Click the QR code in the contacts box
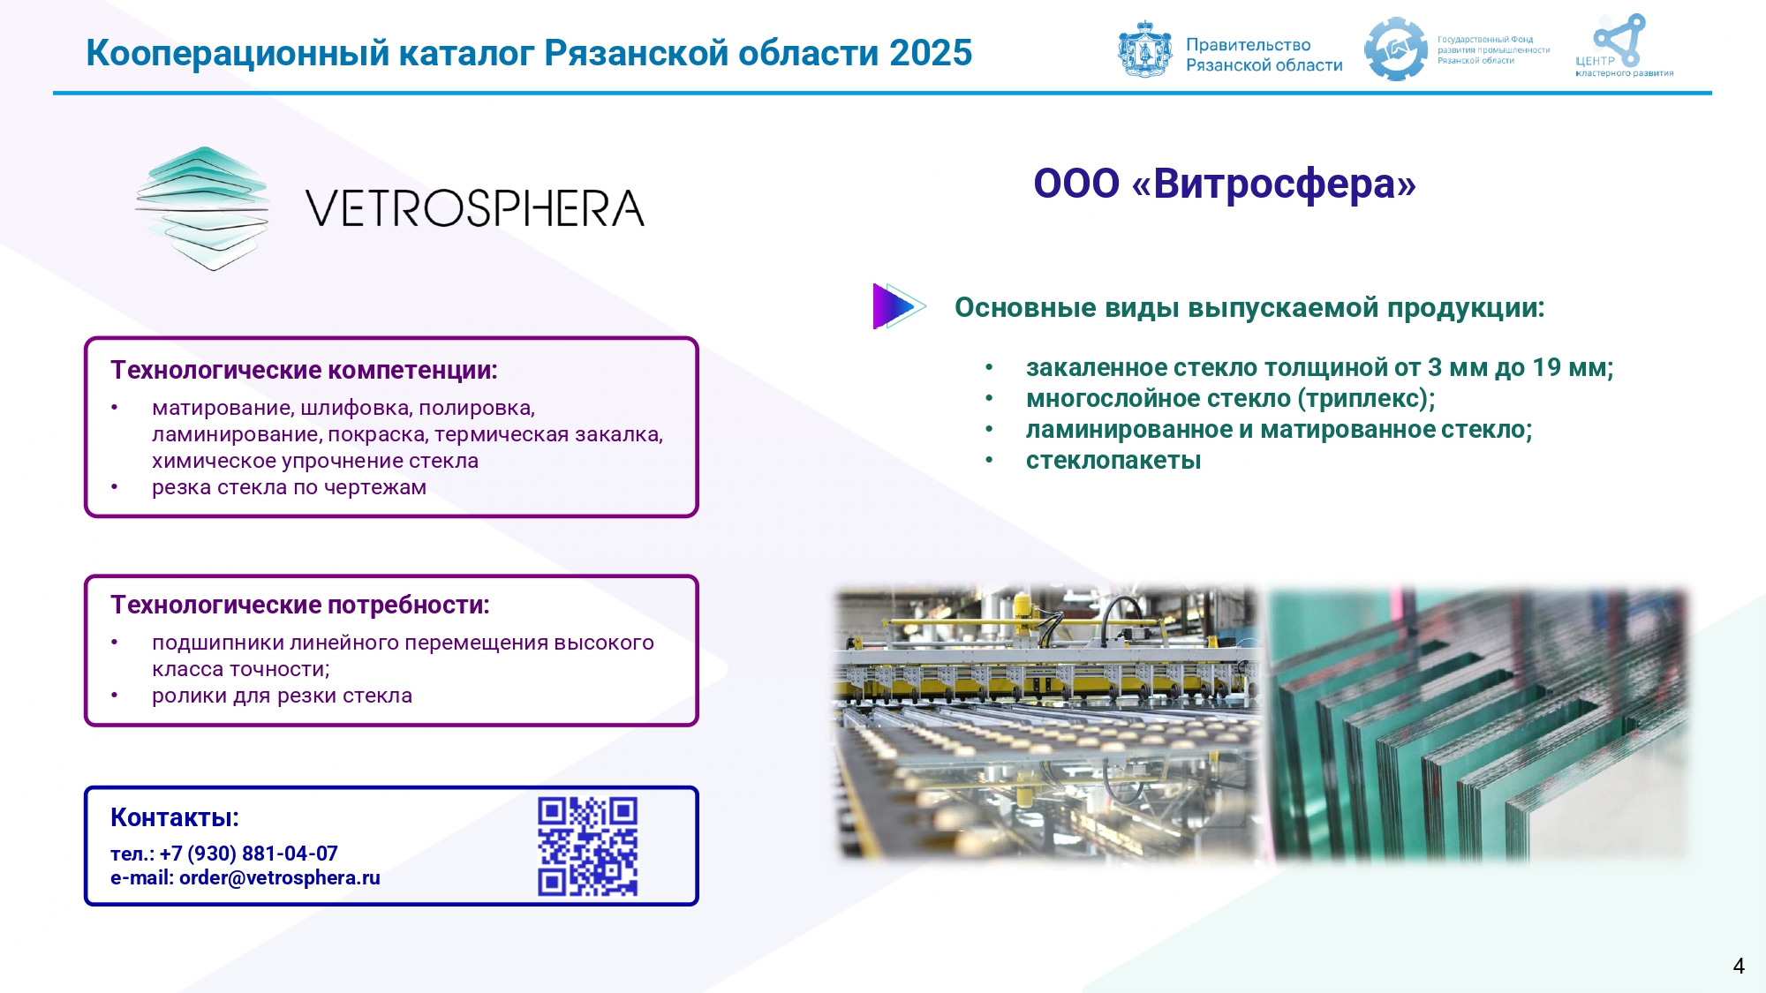pyautogui.click(x=587, y=846)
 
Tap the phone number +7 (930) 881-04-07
pyautogui.click(x=248, y=854)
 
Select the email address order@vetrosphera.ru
pyautogui.click(x=279, y=877)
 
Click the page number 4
pyautogui.click(x=1739, y=966)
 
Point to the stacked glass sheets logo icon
pyautogui.click(x=202, y=208)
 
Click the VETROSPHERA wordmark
pyautogui.click(x=475, y=208)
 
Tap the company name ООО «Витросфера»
pyautogui.click(x=1225, y=184)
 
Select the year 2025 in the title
pyautogui.click(x=931, y=53)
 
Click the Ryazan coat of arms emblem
pyautogui.click(x=1144, y=49)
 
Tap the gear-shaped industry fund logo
pyautogui.click(x=1395, y=49)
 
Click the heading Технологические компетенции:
pyautogui.click(x=304, y=370)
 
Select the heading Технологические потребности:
pyautogui.click(x=300, y=605)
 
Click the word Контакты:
pyautogui.click(x=175, y=817)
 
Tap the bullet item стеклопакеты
pyautogui.click(x=1113, y=460)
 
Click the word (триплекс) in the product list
pyautogui.click(x=1366, y=399)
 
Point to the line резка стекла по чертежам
pyautogui.click(x=289, y=487)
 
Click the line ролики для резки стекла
pyautogui.click(x=282, y=696)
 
